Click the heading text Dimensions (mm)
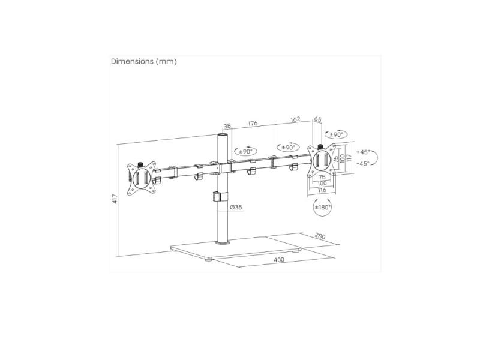click(144, 62)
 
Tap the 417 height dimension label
click(115, 199)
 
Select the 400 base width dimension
click(279, 260)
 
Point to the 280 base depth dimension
click(320, 236)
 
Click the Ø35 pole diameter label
click(236, 207)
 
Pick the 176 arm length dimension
click(253, 124)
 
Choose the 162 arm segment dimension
click(295, 119)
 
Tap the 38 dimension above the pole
click(227, 126)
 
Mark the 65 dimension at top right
click(318, 119)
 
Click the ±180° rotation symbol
click(323, 207)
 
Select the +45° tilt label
click(363, 152)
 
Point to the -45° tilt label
click(363, 163)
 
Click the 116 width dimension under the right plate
click(322, 190)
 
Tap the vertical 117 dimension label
click(349, 158)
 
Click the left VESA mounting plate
click(142, 179)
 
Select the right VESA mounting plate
click(322, 160)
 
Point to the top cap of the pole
click(223, 135)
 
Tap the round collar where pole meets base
click(223, 243)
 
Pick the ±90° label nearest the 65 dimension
click(336, 134)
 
